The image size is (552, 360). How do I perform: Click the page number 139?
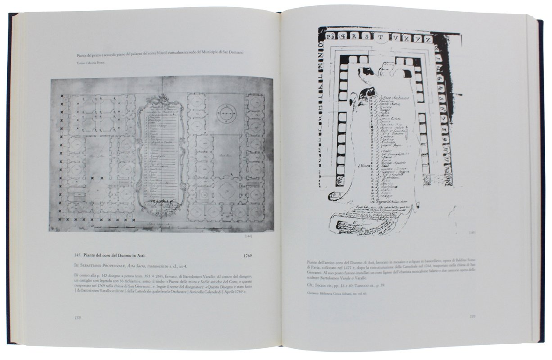coord(472,316)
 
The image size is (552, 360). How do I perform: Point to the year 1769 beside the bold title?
coord(246,256)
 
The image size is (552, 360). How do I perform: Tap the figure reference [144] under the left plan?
coord(247,236)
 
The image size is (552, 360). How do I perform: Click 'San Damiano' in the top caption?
coord(232,54)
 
